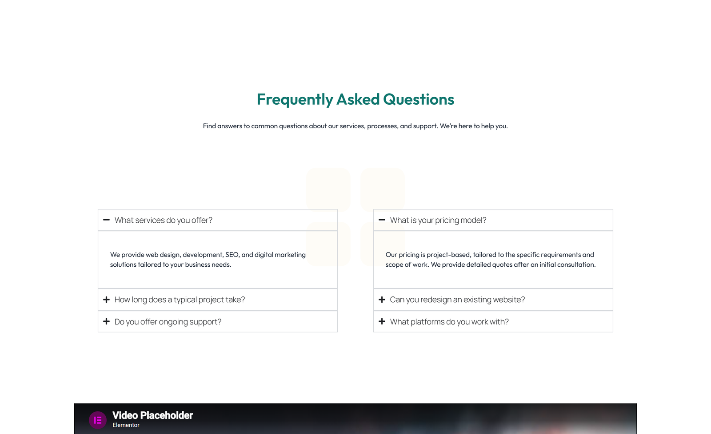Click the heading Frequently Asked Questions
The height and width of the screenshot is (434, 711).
tap(355, 99)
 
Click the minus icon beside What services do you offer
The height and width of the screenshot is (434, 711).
tap(106, 220)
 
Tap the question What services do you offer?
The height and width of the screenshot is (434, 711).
tap(164, 220)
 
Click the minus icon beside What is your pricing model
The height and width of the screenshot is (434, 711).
tap(382, 220)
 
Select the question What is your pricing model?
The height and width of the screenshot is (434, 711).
tap(438, 220)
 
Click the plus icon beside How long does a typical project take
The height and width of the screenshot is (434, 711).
tap(106, 300)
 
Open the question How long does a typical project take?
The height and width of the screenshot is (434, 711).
tap(180, 300)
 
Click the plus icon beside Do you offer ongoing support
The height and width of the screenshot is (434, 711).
tap(106, 322)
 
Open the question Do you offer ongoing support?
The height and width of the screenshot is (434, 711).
tap(168, 322)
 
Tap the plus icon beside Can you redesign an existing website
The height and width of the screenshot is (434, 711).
tap(382, 300)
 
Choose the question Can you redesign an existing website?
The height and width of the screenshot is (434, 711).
tap(457, 300)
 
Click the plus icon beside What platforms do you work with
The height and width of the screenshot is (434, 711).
tap(382, 322)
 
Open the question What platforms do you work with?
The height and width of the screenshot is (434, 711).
tap(449, 322)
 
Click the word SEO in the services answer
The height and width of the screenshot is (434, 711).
tap(232, 255)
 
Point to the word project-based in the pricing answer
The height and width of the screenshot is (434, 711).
tap(448, 255)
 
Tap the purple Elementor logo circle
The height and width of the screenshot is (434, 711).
tap(98, 420)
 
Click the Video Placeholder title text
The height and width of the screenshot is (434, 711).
tap(152, 415)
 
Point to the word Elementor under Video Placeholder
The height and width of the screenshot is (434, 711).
tap(126, 425)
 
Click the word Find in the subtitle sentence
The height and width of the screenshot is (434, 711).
tap(209, 126)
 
